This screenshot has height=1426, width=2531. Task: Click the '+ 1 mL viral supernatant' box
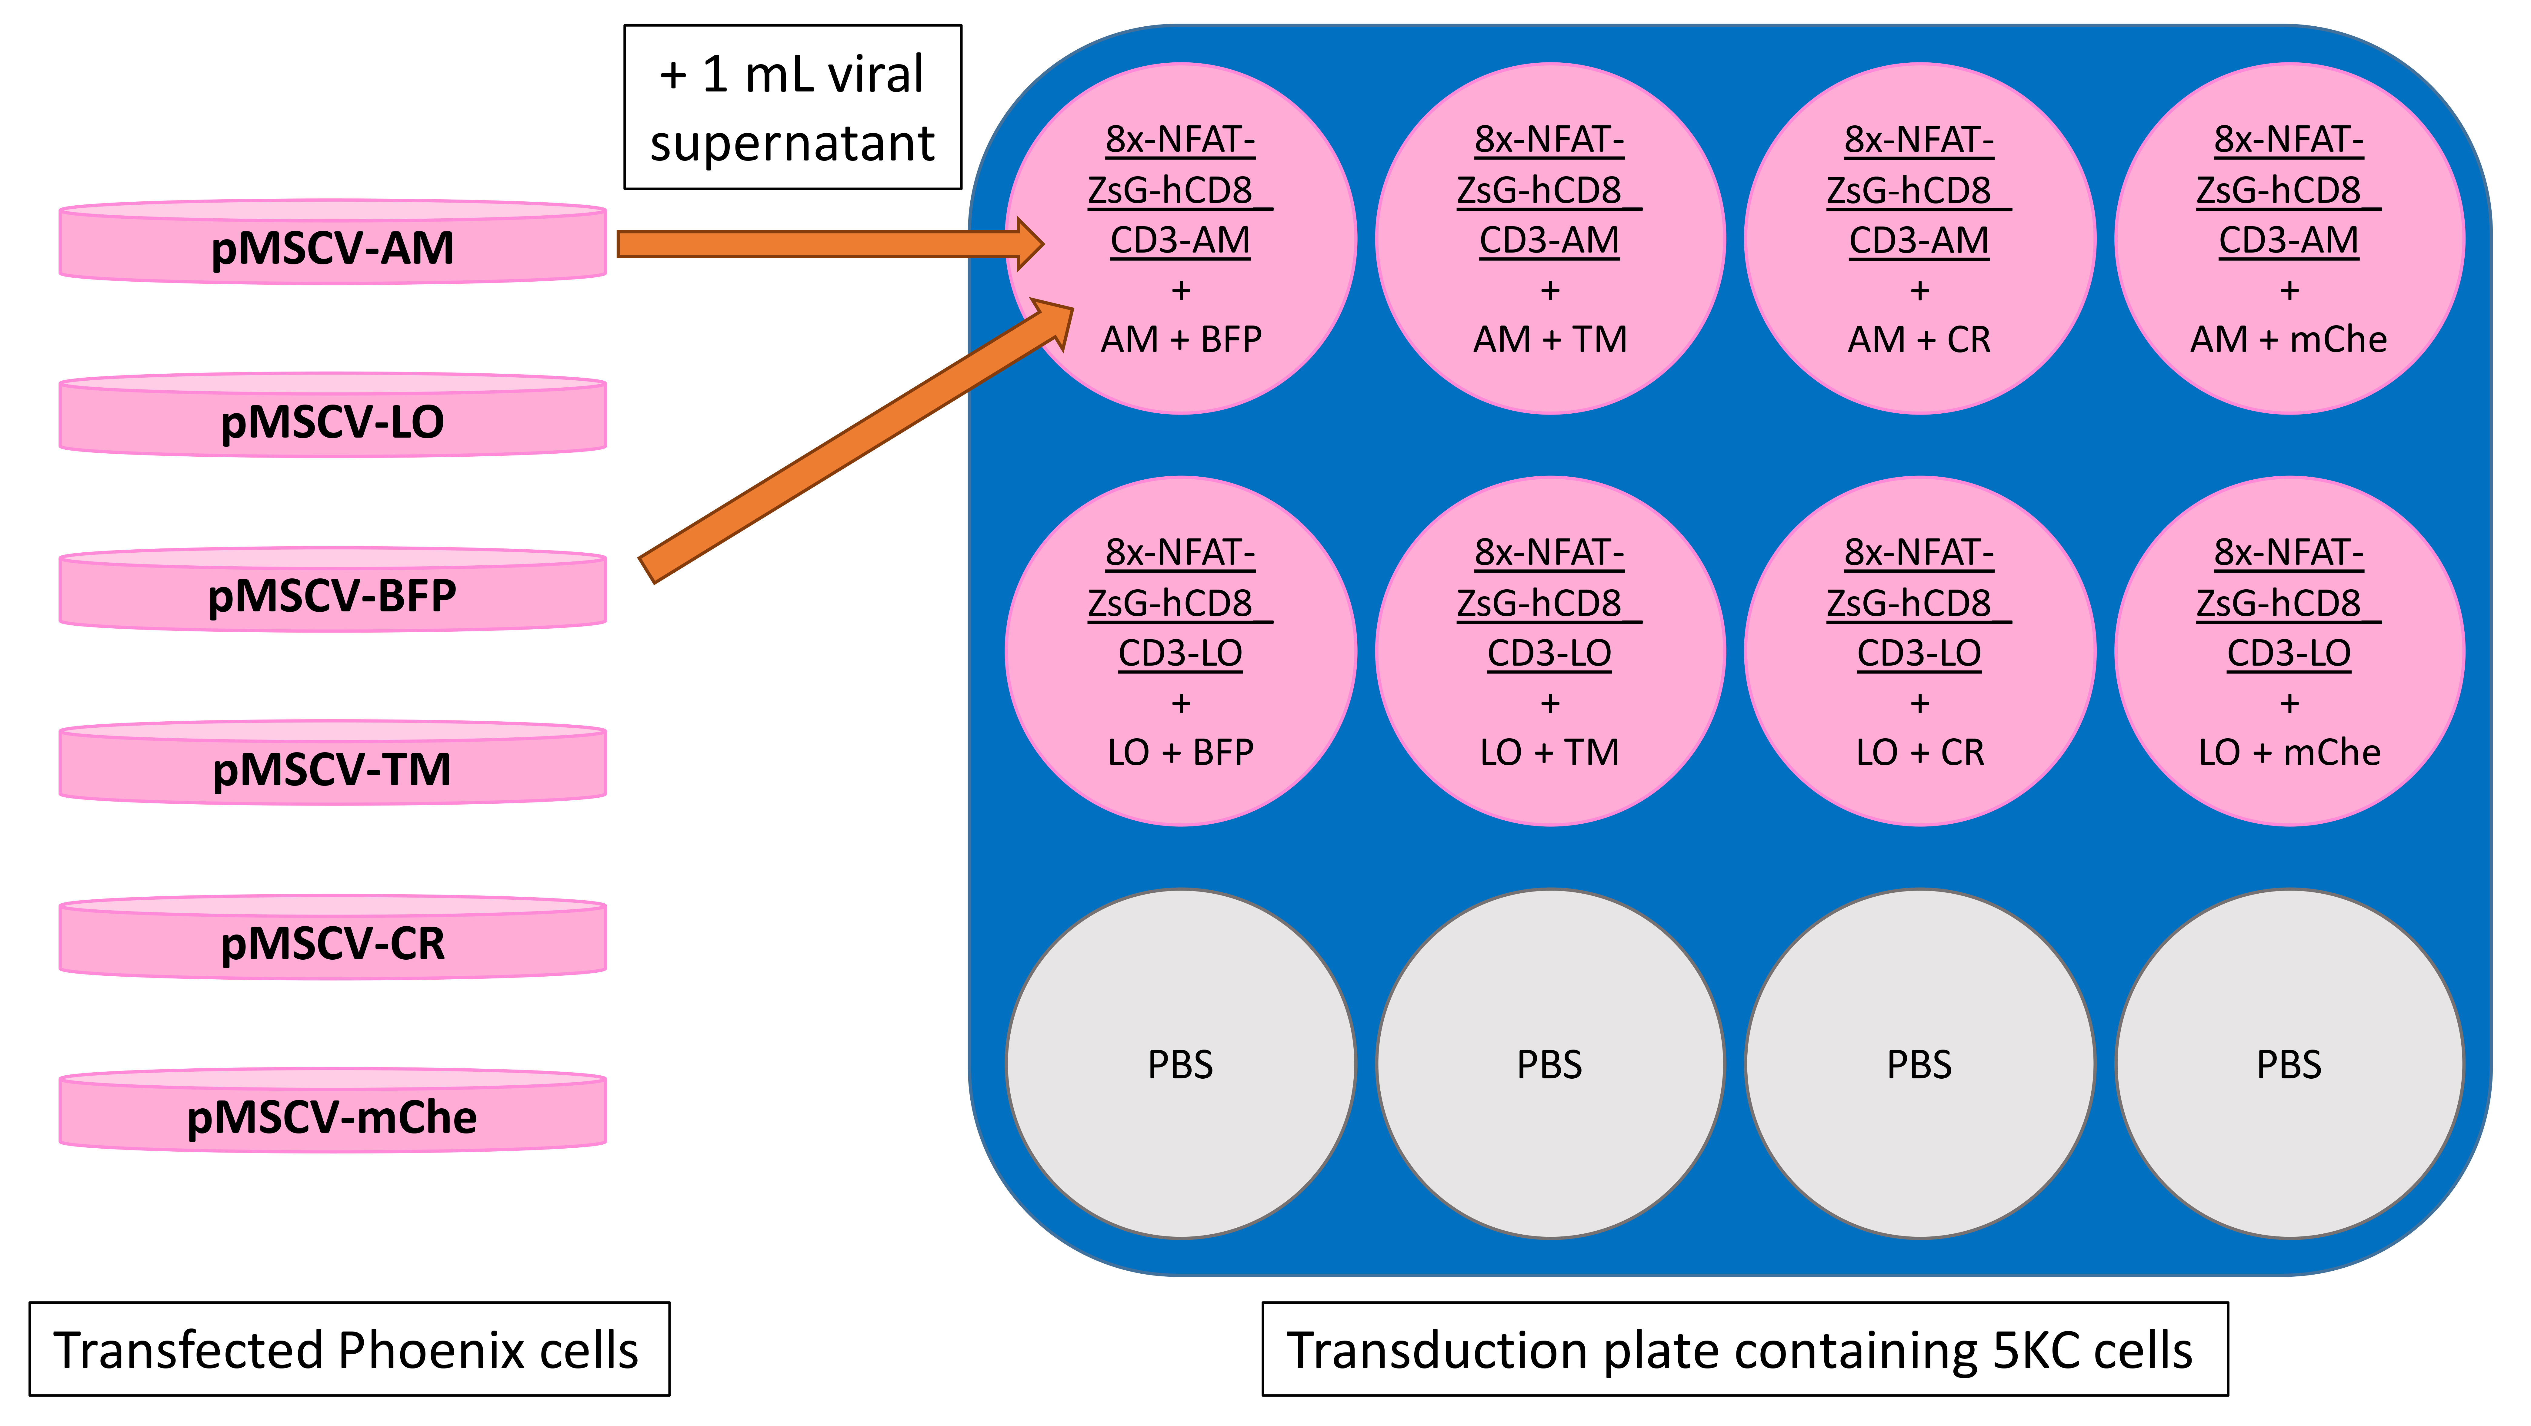pyautogui.click(x=793, y=107)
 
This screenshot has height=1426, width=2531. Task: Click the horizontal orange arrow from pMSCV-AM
pyautogui.click(x=830, y=243)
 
